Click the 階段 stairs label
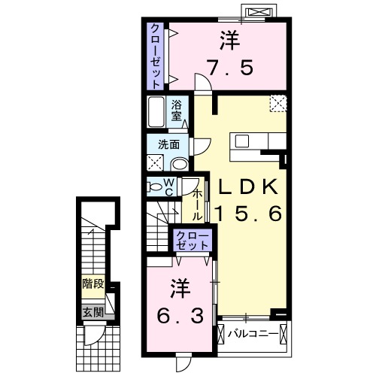click(93, 286)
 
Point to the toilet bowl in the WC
click(155, 186)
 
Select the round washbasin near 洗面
click(179, 162)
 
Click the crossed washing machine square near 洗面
click(157, 162)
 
